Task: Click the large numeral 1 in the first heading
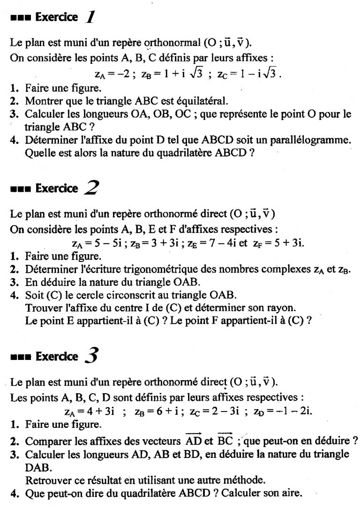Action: (90, 17)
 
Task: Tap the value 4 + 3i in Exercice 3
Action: (100, 412)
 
